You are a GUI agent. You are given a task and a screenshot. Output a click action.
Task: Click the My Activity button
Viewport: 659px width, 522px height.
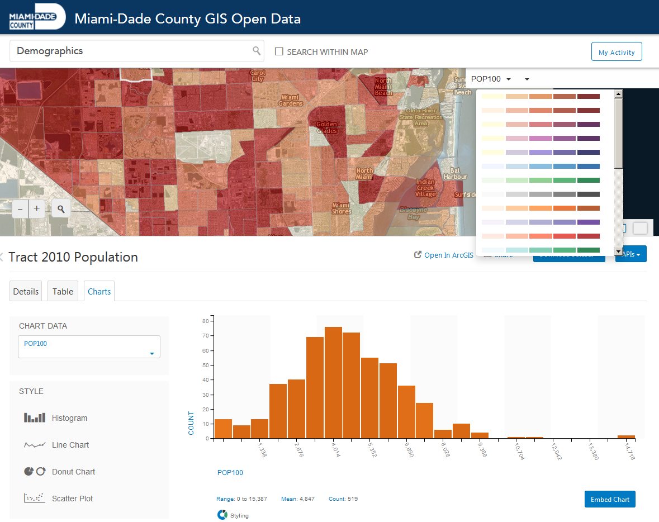pos(617,52)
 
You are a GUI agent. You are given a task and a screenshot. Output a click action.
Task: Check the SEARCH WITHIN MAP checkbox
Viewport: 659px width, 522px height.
pos(279,52)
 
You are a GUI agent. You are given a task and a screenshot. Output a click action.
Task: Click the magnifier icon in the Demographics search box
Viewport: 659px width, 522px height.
pos(257,51)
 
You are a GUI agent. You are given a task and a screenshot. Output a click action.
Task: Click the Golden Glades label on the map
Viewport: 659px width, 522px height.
pos(327,127)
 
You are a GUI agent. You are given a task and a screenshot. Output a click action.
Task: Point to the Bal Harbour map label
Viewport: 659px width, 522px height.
pos(455,173)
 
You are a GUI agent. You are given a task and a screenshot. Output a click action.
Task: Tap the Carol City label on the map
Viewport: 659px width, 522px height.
pos(257,76)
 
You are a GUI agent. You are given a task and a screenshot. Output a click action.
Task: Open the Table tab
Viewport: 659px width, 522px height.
pos(63,291)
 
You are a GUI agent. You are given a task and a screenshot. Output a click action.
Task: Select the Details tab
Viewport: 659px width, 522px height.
pos(26,291)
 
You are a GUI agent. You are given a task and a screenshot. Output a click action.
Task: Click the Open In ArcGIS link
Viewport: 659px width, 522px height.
pos(444,255)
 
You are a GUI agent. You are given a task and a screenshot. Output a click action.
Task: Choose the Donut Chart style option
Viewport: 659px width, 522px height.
pos(73,472)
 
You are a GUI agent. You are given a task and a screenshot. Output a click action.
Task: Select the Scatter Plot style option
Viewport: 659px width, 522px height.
pos(72,499)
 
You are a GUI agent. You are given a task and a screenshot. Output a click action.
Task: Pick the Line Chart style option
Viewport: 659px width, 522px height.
pos(70,445)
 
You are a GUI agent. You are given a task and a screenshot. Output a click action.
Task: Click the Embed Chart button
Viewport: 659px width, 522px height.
pos(610,499)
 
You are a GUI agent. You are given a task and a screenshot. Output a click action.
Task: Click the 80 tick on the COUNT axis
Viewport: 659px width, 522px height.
pos(205,321)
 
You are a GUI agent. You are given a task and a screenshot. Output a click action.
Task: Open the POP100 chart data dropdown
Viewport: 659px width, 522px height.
pos(89,347)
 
